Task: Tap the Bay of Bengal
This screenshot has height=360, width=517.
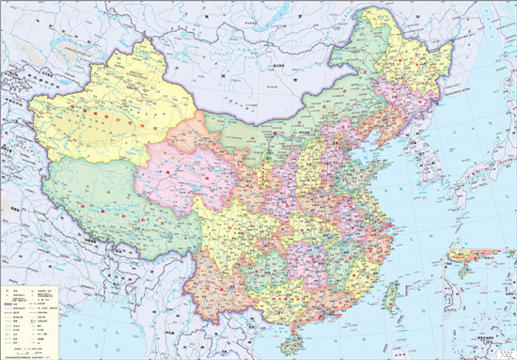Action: coord(103,334)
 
